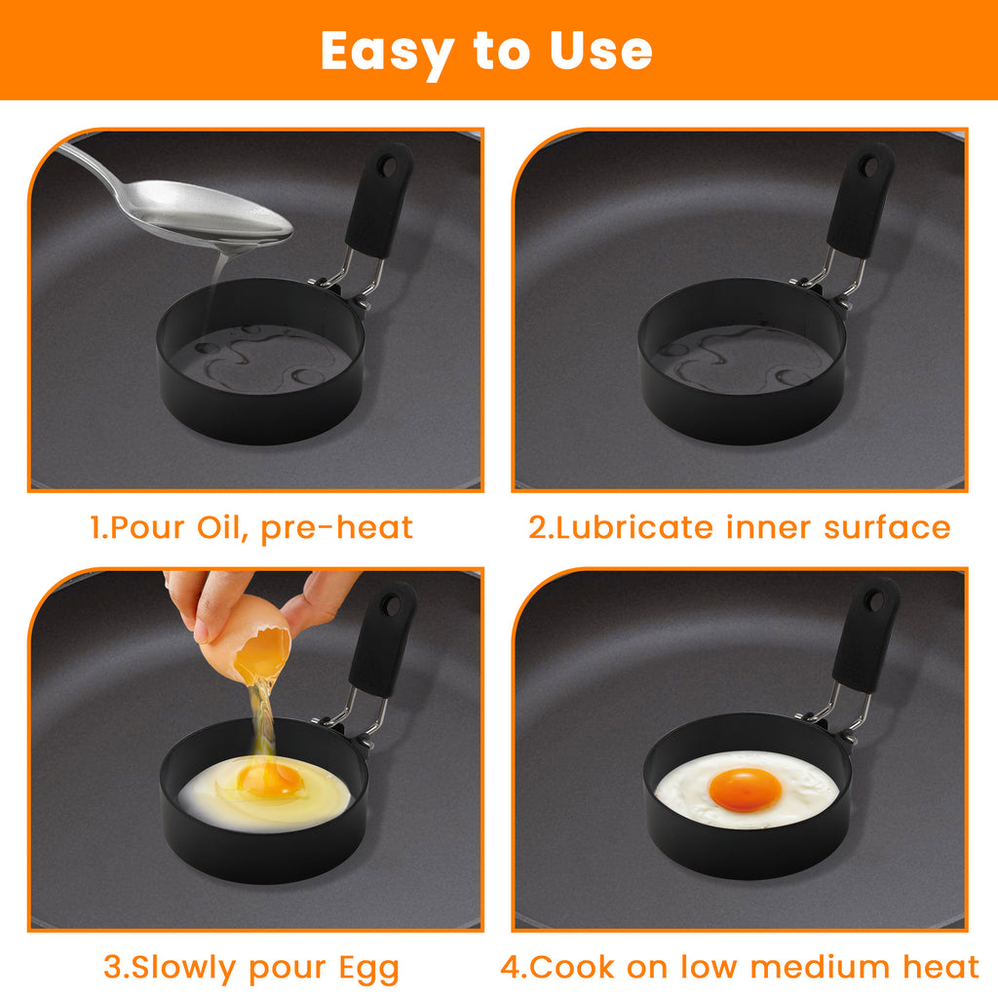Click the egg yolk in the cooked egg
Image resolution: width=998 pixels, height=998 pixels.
pos(745,788)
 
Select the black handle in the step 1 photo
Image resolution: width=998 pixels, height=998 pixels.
pos(379,200)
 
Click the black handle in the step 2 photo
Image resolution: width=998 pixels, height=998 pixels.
pos(860,200)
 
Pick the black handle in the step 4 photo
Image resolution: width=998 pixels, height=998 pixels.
pos(865,634)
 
